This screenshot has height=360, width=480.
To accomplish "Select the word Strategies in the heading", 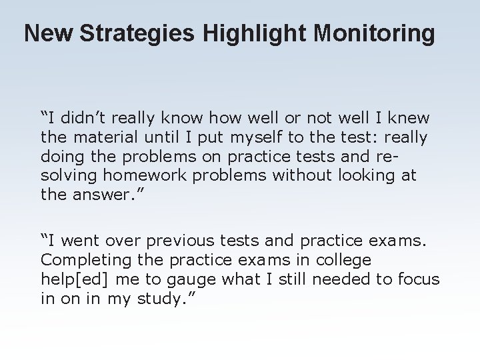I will coord(129,33).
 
